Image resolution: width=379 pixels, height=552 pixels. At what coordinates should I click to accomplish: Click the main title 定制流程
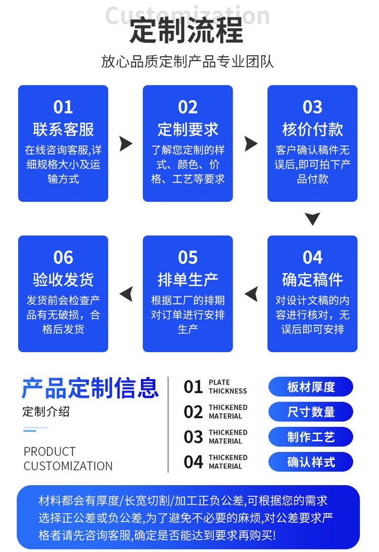point(187,30)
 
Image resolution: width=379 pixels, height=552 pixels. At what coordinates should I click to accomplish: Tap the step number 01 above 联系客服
point(63,107)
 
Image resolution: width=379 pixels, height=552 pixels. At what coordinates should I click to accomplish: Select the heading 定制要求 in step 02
point(187,129)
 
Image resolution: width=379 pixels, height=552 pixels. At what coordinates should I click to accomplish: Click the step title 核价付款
point(312,129)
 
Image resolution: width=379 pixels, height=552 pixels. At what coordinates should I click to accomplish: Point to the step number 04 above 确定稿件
point(312,258)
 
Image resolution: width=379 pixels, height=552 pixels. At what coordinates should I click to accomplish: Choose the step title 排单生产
point(187,279)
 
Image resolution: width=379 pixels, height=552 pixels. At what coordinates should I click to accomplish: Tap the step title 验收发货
point(63,279)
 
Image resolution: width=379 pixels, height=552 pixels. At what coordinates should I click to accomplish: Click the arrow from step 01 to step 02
point(125,144)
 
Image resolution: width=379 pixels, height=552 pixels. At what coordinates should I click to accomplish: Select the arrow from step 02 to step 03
point(250,144)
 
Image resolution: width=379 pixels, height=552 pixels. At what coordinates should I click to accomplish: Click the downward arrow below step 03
point(312,219)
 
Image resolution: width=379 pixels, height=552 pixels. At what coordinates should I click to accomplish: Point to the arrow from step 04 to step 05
point(251,294)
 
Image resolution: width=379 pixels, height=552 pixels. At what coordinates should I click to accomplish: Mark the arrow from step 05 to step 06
point(126,294)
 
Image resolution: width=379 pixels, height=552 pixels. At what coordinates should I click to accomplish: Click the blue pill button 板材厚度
point(311,387)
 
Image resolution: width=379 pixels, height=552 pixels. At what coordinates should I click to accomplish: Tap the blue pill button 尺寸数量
point(311,412)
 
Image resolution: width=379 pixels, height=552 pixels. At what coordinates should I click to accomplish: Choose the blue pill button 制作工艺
point(311,437)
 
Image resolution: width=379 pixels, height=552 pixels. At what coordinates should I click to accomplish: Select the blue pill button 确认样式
point(311,462)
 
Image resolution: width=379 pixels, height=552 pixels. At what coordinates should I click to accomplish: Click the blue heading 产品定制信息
point(90,388)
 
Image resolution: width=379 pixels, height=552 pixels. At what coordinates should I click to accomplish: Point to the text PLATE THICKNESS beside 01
point(227,387)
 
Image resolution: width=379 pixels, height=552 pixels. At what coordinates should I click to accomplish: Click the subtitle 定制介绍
point(46,412)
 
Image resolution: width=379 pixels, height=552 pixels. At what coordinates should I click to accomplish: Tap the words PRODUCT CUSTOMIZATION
point(68,459)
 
